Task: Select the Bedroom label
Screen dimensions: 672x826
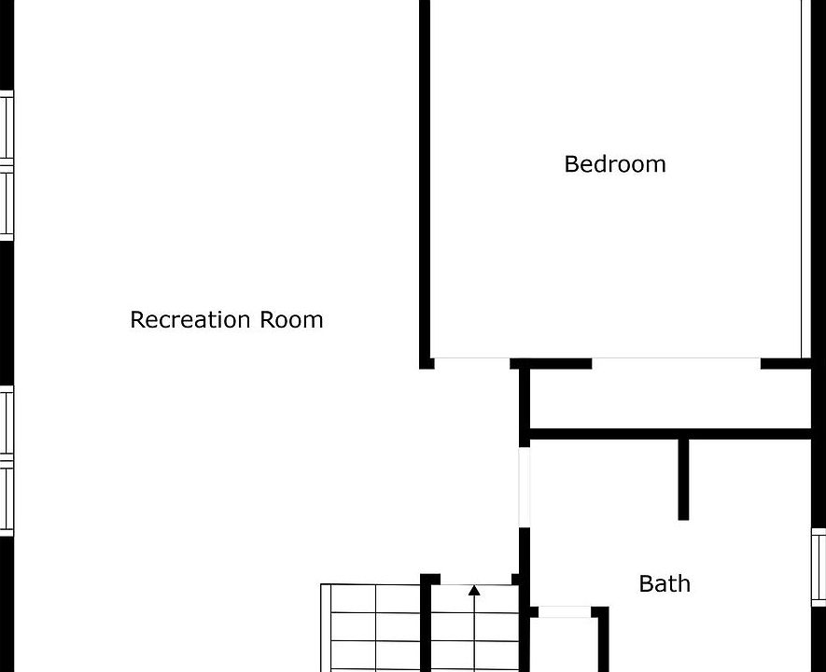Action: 615,164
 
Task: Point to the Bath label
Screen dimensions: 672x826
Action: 665,584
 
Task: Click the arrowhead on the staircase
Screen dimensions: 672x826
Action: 474,590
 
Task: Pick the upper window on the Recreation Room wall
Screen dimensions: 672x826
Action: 7,165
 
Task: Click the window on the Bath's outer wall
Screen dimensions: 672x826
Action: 819,566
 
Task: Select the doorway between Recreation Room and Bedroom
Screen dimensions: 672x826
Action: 472,361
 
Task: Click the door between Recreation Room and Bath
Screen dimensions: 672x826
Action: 525,486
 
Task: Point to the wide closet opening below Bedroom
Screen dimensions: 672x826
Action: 677,361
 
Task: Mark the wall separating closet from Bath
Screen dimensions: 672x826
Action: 667,434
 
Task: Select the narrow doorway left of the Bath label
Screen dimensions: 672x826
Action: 565,611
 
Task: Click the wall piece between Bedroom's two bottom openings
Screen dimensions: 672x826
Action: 551,363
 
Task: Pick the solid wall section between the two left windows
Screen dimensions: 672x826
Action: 6,313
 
